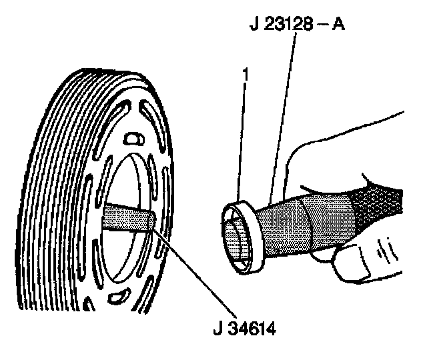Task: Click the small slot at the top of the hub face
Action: [x=133, y=138]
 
